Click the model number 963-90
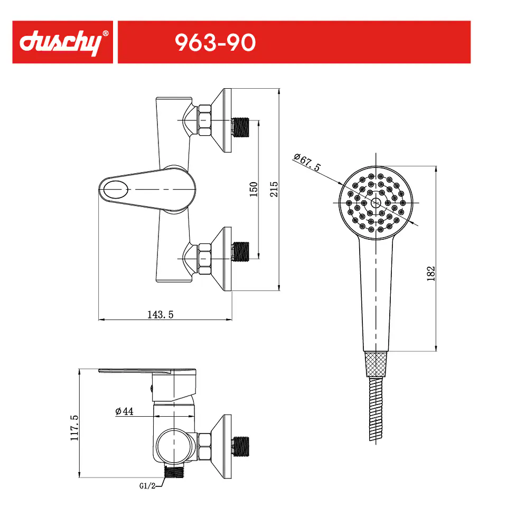pyautogui.click(x=215, y=42)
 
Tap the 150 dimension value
pyautogui.click(x=254, y=189)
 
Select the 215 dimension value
pyautogui.click(x=274, y=189)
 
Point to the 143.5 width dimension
pyautogui.click(x=161, y=314)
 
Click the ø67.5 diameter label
pyautogui.click(x=307, y=162)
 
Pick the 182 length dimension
pyautogui.click(x=431, y=274)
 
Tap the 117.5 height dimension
pyautogui.click(x=74, y=428)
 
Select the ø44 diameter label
pyautogui.click(x=124, y=411)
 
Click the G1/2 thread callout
pyautogui.click(x=147, y=486)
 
